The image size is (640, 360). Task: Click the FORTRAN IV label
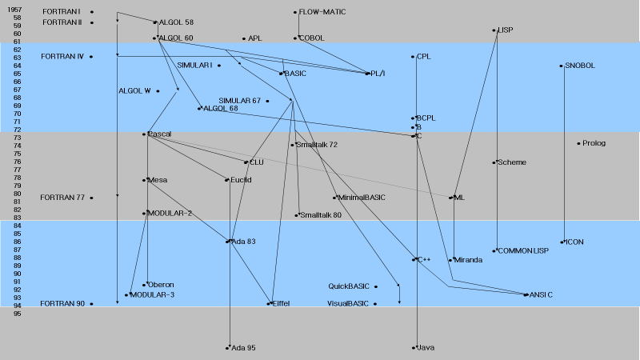[x=62, y=57]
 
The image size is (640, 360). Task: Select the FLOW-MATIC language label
[x=322, y=12]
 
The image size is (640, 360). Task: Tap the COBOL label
[x=311, y=38]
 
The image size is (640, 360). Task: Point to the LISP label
[x=505, y=30]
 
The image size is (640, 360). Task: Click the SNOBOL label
[x=580, y=66]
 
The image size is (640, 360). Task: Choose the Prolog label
[x=594, y=143]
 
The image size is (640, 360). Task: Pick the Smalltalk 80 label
[x=320, y=215]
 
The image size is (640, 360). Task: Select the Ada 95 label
[x=243, y=348]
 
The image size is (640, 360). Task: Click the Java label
[x=426, y=348]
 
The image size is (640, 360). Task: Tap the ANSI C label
[x=541, y=295]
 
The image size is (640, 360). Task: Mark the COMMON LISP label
[x=523, y=251]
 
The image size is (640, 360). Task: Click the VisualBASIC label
[x=348, y=303]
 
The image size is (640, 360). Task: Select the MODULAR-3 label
[x=152, y=295]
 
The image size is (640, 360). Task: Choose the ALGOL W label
[x=134, y=90]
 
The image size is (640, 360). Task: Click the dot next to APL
[x=244, y=38]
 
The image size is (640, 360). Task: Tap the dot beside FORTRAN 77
[x=91, y=198]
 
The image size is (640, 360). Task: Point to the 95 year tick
[x=18, y=314]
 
